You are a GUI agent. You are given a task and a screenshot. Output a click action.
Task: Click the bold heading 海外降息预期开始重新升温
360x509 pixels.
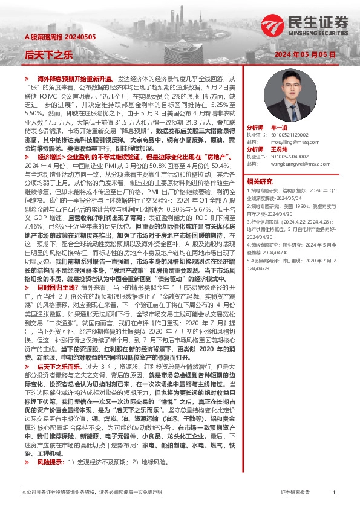coord(75,79)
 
